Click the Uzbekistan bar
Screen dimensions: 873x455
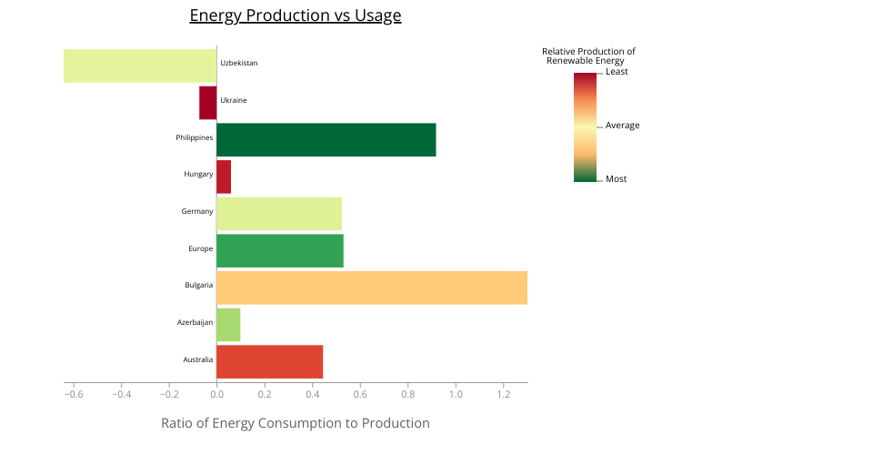click(x=140, y=66)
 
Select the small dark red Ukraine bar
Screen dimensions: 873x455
click(x=208, y=103)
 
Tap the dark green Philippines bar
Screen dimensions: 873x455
click(x=326, y=140)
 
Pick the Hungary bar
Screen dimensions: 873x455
click(x=224, y=177)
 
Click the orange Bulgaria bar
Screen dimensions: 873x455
click(x=372, y=288)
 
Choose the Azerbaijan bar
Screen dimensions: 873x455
click(x=228, y=325)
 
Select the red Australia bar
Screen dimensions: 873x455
click(x=270, y=362)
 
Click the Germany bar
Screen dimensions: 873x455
click(x=279, y=214)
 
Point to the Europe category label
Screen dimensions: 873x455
click(x=200, y=248)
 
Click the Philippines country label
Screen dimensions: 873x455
click(x=195, y=137)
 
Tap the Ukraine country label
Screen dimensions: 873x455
click(x=234, y=100)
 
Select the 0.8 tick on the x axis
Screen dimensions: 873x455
click(x=408, y=394)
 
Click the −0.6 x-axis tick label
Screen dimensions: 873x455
click(x=74, y=394)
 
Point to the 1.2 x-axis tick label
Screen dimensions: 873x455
click(x=503, y=394)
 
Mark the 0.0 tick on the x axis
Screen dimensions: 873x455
click(x=216, y=394)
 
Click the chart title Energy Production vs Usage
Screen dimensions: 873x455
click(x=295, y=15)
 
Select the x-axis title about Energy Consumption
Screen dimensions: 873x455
click(x=295, y=423)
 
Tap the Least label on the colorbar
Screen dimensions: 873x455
click(x=617, y=72)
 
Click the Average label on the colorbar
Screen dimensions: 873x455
click(x=622, y=126)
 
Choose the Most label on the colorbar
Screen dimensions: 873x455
click(x=616, y=178)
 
